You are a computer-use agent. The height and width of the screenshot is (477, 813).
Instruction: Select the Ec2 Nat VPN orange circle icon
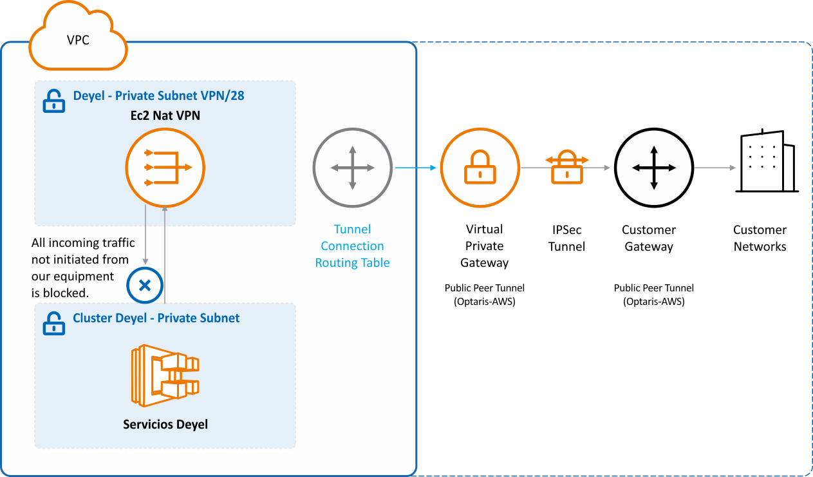165,168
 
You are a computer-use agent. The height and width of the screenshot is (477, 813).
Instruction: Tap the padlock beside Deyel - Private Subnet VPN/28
54,101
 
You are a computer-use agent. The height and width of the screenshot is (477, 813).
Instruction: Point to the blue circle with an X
145,284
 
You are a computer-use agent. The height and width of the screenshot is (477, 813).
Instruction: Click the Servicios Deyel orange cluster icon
165,376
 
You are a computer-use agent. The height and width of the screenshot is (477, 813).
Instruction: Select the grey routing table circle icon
352,168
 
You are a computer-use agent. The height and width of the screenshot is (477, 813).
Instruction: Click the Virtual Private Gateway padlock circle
480,168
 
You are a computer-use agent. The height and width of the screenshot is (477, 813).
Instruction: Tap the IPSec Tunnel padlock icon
566,167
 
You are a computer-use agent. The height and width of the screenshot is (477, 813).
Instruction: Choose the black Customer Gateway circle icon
653,168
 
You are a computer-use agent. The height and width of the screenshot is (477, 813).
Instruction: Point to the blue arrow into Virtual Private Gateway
416,168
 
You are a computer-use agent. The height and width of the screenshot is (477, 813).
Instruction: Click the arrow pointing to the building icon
715,168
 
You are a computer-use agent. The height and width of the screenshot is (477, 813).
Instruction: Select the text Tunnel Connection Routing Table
352,246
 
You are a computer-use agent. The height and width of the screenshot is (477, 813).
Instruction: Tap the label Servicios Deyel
165,424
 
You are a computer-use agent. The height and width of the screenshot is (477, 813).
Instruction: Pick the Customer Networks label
760,238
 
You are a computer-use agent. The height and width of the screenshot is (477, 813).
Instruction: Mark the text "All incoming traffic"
83,243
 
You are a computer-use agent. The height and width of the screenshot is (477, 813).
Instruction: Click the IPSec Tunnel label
566,238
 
